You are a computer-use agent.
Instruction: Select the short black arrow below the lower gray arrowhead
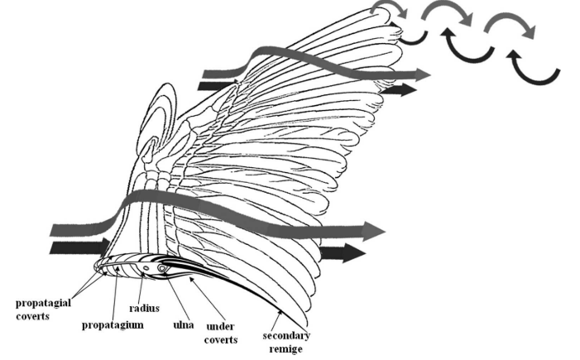coord(335,253)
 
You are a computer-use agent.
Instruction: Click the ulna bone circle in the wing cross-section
coord(161,268)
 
